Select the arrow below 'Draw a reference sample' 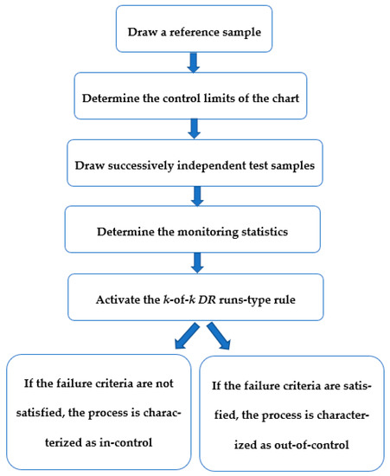(x=194, y=61)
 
